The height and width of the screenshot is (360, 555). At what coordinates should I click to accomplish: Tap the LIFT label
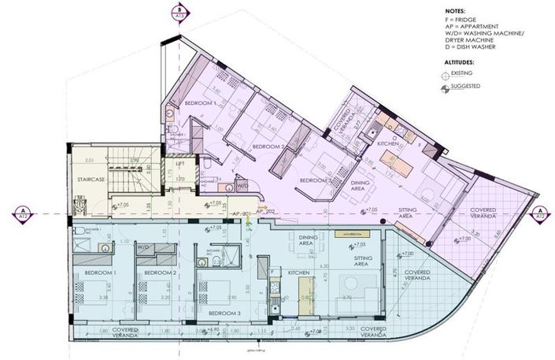click(x=180, y=164)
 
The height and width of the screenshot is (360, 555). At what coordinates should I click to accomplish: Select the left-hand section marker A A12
click(x=20, y=213)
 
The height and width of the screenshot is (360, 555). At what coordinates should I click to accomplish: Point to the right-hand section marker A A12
click(x=540, y=213)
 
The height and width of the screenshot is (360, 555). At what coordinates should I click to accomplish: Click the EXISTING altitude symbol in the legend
click(x=450, y=73)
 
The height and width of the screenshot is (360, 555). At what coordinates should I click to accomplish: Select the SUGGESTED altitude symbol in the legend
click(x=450, y=87)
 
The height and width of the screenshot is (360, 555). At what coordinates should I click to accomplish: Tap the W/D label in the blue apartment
click(x=143, y=247)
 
